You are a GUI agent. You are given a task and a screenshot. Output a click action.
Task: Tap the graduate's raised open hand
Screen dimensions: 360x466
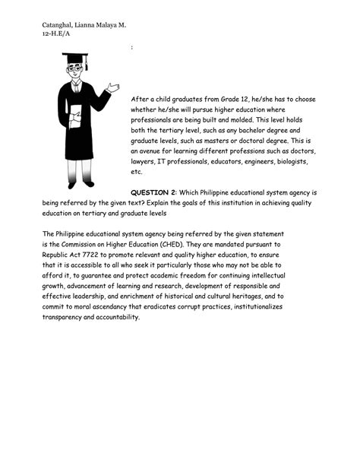pos(113,88)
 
